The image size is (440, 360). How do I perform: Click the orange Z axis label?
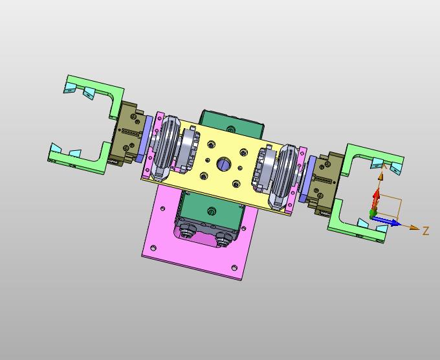[426, 231]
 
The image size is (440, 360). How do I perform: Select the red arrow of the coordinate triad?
[376, 200]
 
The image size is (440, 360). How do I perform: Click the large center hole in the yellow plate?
[224, 163]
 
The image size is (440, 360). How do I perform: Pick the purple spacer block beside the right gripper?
[307, 179]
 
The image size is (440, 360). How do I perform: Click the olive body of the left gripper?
[126, 134]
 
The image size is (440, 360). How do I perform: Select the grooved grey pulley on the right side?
[283, 177]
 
